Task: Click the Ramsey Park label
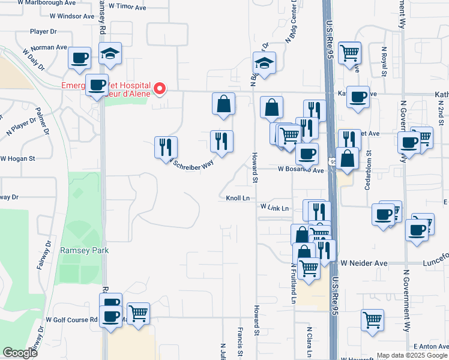[x=85, y=250]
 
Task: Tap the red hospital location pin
[x=160, y=89]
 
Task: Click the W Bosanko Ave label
[x=301, y=170]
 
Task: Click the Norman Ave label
[x=49, y=47]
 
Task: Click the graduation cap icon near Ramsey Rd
[x=110, y=53]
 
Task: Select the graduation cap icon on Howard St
[x=264, y=62]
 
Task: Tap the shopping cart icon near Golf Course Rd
[x=139, y=313]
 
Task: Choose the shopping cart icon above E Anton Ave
[x=372, y=320]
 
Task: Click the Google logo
[x=20, y=353]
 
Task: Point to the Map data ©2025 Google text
[x=411, y=355]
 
